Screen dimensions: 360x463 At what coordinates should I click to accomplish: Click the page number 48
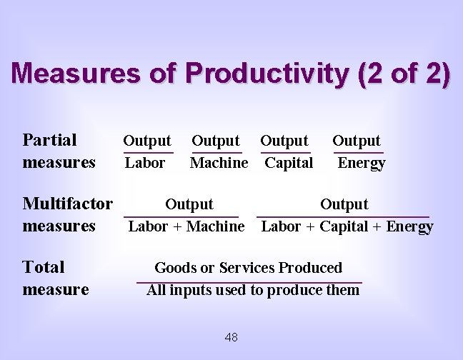click(x=231, y=337)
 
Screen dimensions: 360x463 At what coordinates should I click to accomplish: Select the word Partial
click(x=50, y=140)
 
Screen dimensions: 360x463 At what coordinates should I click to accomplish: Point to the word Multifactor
click(x=68, y=204)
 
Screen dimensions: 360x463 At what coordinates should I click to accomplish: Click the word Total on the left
click(x=44, y=268)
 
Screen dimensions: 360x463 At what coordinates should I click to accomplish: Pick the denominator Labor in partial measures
click(x=145, y=163)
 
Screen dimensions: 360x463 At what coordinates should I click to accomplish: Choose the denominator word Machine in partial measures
click(x=219, y=163)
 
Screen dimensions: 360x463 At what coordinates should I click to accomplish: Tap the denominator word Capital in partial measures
click(x=289, y=163)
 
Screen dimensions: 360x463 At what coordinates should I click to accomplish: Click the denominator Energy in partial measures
click(x=362, y=163)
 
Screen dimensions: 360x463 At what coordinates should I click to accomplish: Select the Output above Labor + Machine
click(x=189, y=204)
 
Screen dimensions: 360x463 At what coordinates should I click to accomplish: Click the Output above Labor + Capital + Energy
click(x=344, y=204)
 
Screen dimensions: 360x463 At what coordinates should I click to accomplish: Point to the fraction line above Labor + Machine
click(x=181, y=216)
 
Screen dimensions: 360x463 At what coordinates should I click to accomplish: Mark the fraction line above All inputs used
click(x=249, y=282)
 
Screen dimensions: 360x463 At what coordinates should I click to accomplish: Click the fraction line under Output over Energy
click(x=359, y=152)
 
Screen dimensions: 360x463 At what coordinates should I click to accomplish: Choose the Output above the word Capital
click(x=284, y=141)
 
